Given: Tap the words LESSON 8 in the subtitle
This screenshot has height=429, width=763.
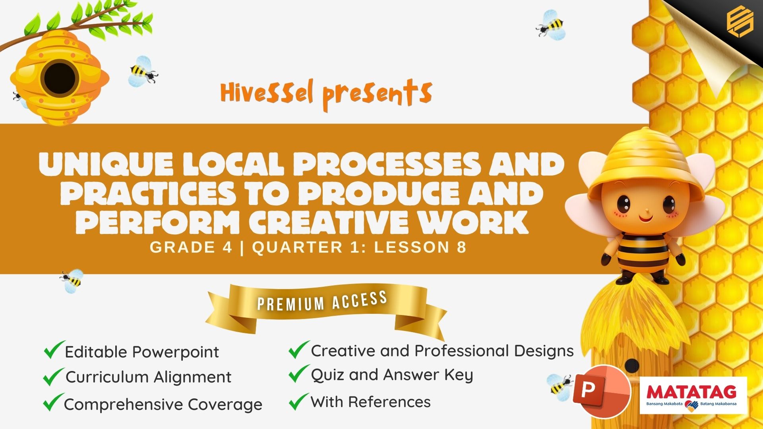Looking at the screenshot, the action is (420, 247).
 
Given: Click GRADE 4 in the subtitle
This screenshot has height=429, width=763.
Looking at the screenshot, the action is (191, 247).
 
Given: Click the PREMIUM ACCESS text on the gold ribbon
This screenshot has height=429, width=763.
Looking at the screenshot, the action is (322, 301).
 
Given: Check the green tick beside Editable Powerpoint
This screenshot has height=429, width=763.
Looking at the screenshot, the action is (54, 350).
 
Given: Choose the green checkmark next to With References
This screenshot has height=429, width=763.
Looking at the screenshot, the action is (298, 401).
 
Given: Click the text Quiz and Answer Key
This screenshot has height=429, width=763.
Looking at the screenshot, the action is (392, 375).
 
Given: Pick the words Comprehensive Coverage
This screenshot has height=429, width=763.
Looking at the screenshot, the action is (163, 404).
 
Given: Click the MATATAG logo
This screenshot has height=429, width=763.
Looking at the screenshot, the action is (693, 395).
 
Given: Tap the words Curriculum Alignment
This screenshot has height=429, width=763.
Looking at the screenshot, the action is (148, 377).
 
